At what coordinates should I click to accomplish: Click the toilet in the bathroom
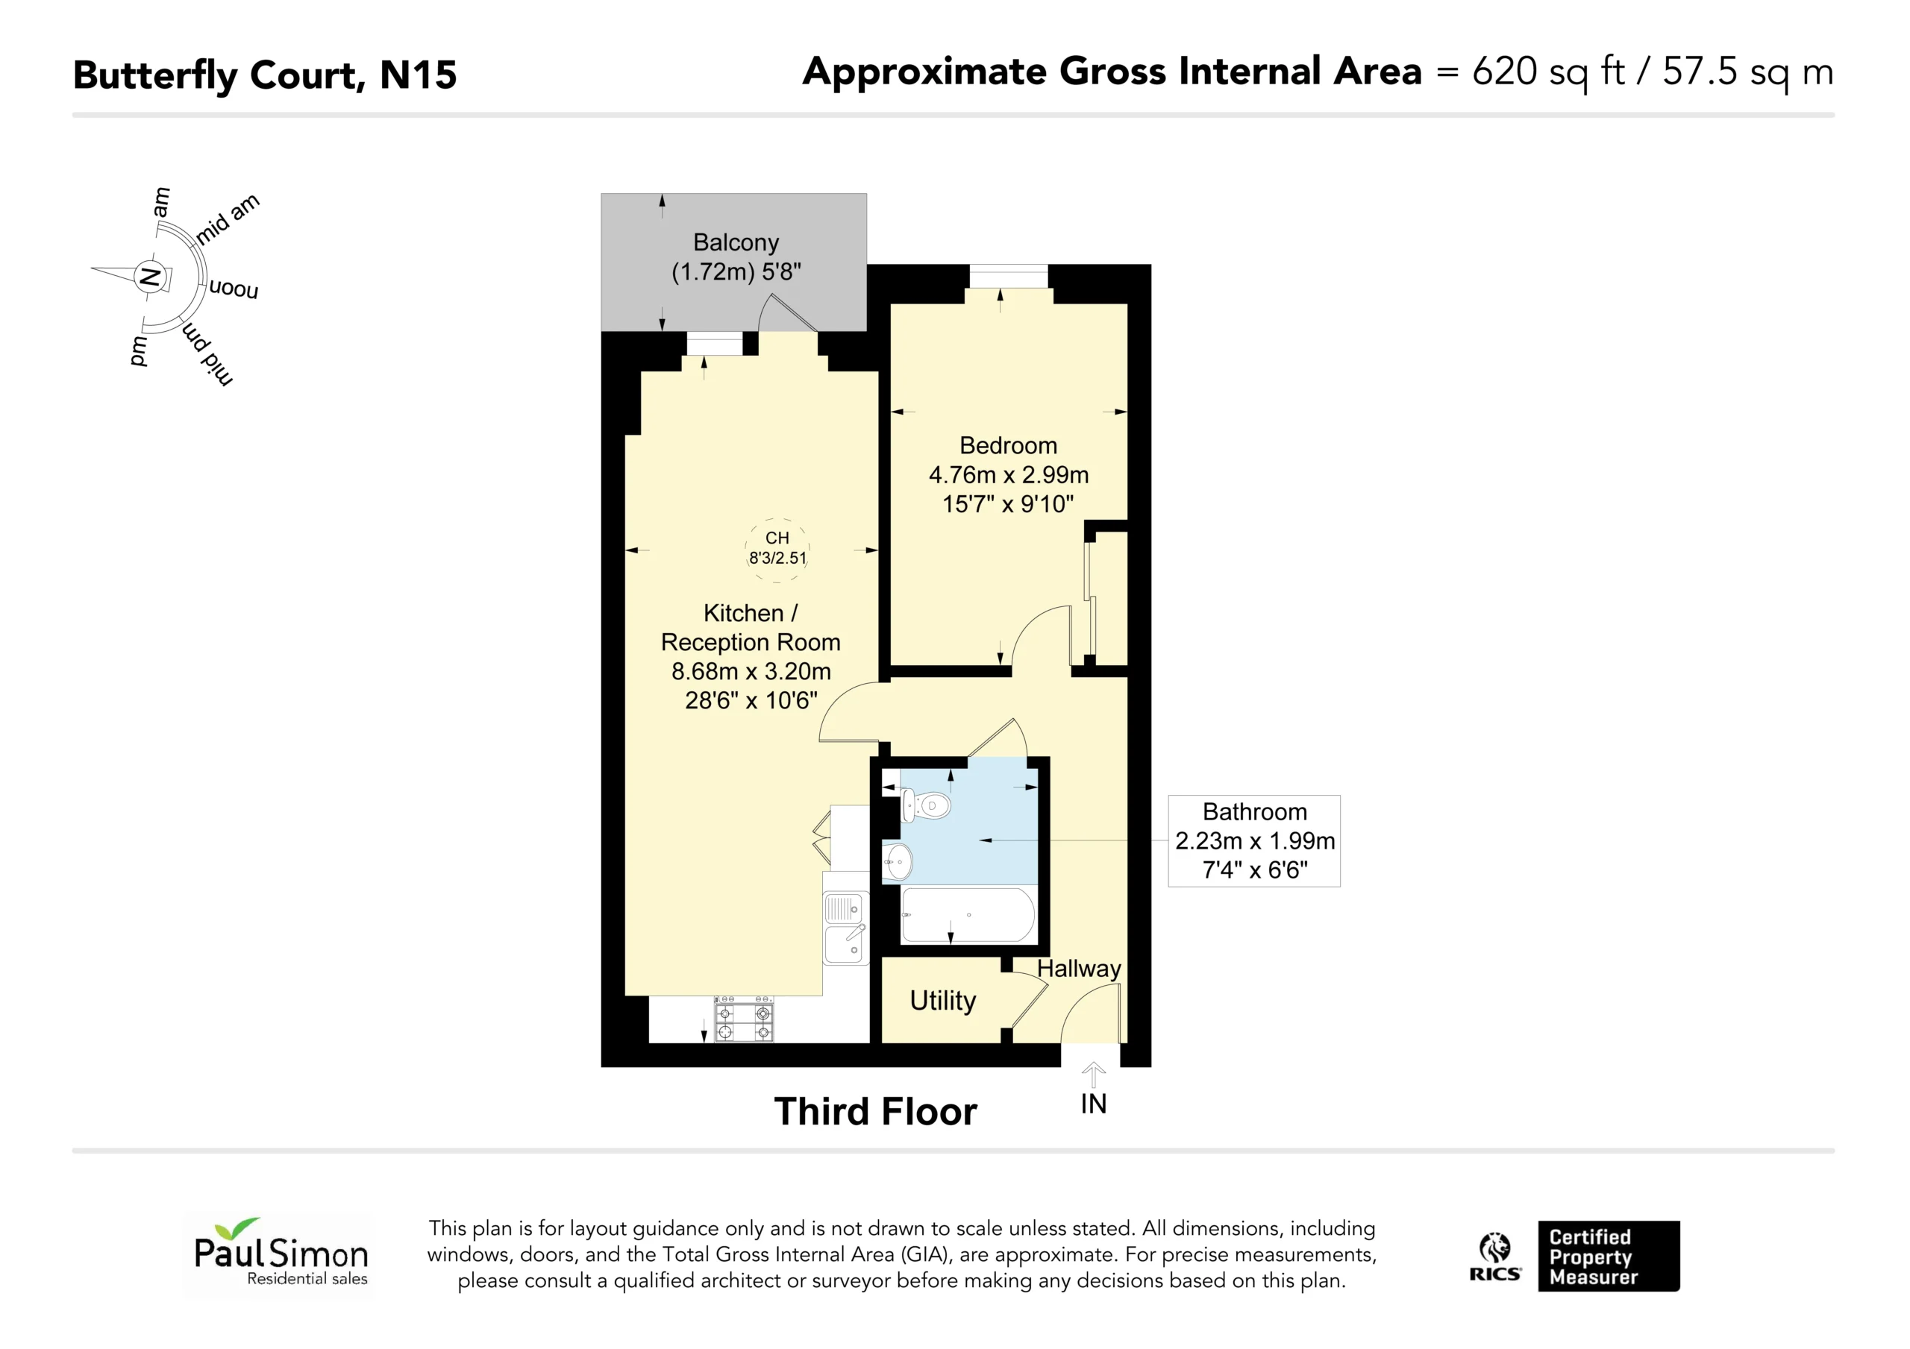pyautogui.click(x=926, y=804)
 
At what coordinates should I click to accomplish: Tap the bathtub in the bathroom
pyautogui.click(x=968, y=915)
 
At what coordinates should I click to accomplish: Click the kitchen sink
pyautogui.click(x=845, y=928)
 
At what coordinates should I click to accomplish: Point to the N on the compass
pyautogui.click(x=151, y=276)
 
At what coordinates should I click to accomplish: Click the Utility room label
pyautogui.click(x=942, y=1001)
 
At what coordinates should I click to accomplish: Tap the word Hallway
pyautogui.click(x=1079, y=969)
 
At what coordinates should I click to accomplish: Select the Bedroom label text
pyautogui.click(x=1008, y=446)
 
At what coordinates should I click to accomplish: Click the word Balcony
pyautogui.click(x=736, y=243)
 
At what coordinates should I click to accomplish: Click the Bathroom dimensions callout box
pyautogui.click(x=1254, y=841)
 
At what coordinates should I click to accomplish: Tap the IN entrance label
pyautogui.click(x=1093, y=1104)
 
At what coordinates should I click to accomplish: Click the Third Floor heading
pyautogui.click(x=875, y=1112)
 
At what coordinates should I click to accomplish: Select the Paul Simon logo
pyautogui.click(x=279, y=1254)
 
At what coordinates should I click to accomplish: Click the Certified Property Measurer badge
pyautogui.click(x=1609, y=1256)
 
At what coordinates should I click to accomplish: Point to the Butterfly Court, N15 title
pyautogui.click(x=266, y=75)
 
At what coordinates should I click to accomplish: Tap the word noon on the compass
pyautogui.click(x=234, y=289)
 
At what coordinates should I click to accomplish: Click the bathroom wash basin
pyautogui.click(x=898, y=861)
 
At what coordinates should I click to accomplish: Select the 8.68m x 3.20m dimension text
pyautogui.click(x=751, y=671)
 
